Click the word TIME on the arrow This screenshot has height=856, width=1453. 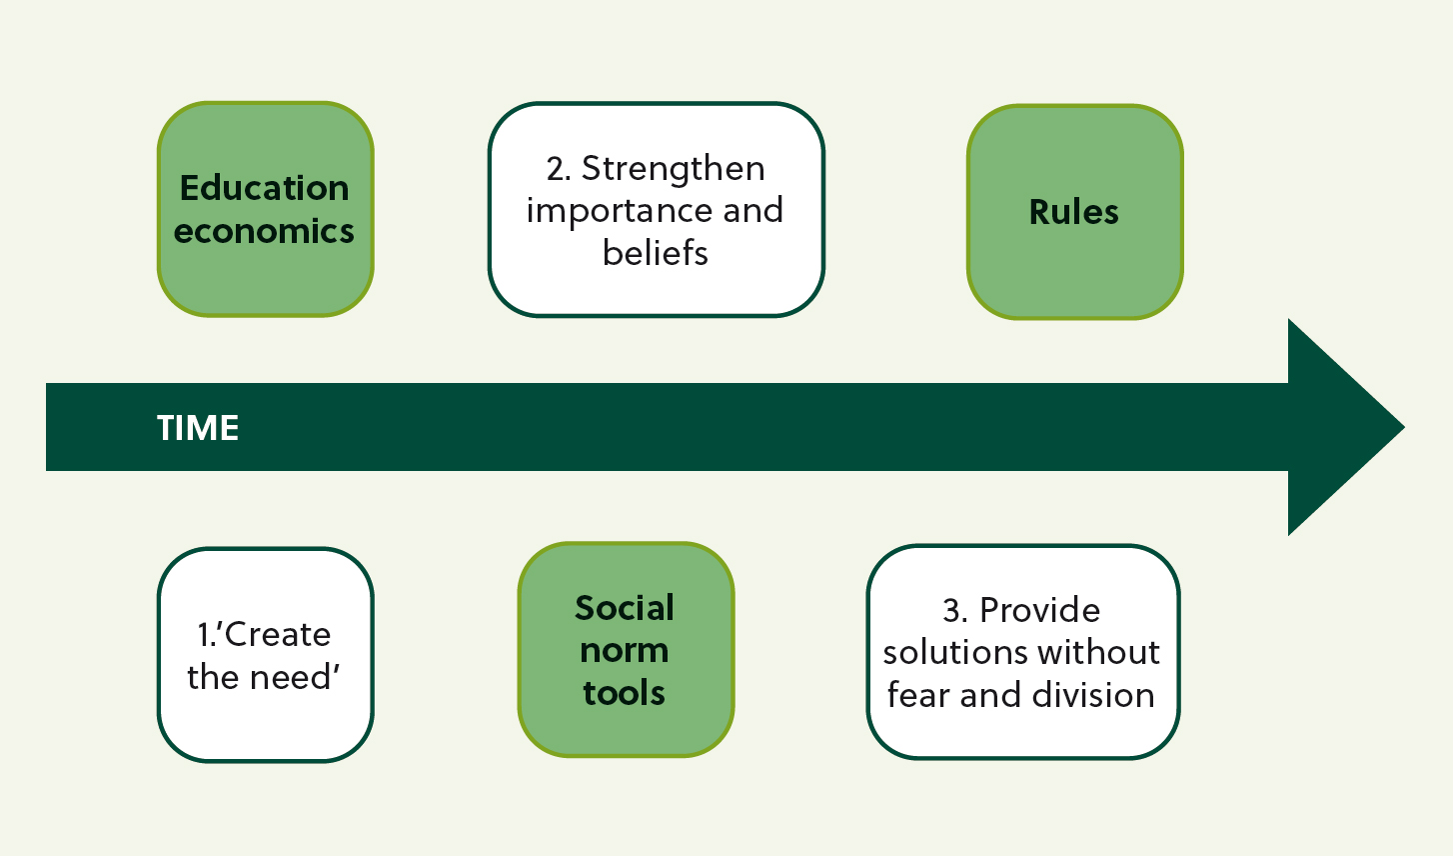198,428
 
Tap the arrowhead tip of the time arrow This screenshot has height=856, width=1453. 1404,427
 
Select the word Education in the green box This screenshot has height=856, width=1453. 264,188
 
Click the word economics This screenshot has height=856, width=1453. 264,231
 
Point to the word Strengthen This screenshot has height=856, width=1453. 674,169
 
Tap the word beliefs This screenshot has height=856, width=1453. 656,252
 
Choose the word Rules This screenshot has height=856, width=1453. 1074,212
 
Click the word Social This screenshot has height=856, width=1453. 625,608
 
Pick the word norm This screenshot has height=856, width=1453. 625,651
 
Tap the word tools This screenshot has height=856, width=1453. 624,692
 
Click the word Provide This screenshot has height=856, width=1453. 1040,610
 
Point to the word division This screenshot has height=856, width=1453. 1093,695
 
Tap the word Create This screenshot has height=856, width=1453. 278,634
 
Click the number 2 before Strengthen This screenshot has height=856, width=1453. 558,169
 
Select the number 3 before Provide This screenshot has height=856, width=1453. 954,611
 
